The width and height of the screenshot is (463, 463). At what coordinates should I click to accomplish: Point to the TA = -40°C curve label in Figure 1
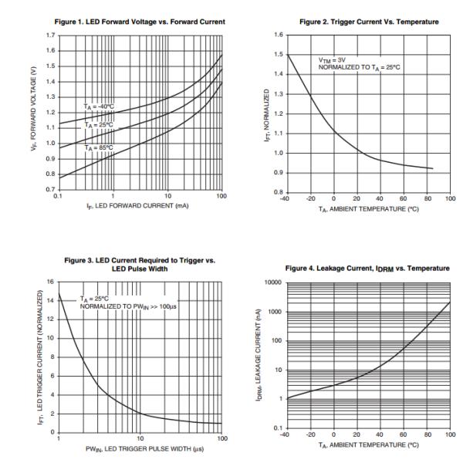click(x=98, y=105)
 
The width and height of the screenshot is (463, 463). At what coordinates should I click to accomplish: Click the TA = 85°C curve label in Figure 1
click(x=98, y=147)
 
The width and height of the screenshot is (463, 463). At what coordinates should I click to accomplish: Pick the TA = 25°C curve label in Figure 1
click(x=98, y=123)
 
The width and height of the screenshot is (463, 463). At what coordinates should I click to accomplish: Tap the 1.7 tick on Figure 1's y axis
click(x=49, y=35)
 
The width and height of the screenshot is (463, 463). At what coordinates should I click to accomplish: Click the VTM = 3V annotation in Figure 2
click(x=332, y=59)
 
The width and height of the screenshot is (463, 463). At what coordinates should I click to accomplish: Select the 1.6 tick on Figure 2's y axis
click(x=279, y=35)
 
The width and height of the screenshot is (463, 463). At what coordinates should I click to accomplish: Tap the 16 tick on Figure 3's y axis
click(x=51, y=281)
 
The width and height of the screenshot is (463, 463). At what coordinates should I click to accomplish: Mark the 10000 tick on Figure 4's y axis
click(x=274, y=282)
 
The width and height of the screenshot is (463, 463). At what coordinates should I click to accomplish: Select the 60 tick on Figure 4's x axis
click(x=404, y=436)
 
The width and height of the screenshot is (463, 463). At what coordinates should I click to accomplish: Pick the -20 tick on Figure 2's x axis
click(x=311, y=198)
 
